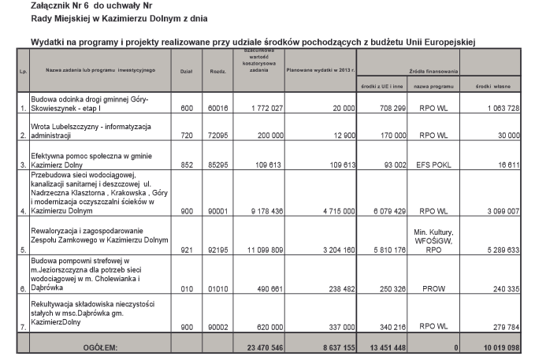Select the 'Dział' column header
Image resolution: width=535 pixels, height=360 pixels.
pos(187,70)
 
